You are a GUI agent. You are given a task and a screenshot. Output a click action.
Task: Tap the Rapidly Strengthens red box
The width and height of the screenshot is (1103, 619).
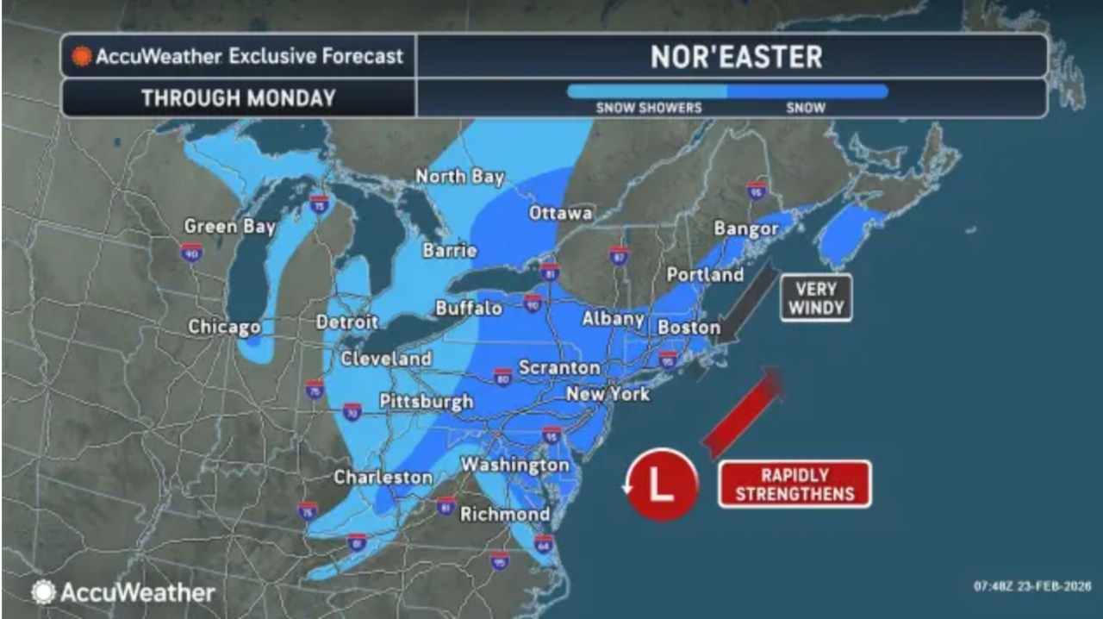pyautogui.click(x=795, y=485)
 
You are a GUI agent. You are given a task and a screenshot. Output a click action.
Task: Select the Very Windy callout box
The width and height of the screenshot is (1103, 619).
pyautogui.click(x=815, y=298)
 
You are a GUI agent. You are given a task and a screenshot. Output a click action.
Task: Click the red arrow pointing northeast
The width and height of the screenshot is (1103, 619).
pyautogui.click(x=743, y=411)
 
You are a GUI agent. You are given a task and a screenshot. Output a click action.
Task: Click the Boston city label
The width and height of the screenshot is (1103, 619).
pyautogui.click(x=689, y=328)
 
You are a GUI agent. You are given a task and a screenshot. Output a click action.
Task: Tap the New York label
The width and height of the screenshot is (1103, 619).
pyautogui.click(x=608, y=394)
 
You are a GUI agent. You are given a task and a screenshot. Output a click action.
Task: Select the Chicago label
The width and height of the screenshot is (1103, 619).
pyautogui.click(x=224, y=328)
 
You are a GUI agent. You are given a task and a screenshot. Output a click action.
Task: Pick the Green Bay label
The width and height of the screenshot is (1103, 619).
pyautogui.click(x=229, y=227)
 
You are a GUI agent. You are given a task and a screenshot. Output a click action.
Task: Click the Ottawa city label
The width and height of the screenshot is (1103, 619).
pyautogui.click(x=560, y=213)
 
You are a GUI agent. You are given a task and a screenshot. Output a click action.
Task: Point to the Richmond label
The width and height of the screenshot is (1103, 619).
pyautogui.click(x=505, y=515)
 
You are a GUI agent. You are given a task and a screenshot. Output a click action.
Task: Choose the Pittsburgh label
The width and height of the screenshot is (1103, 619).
pyautogui.click(x=427, y=401)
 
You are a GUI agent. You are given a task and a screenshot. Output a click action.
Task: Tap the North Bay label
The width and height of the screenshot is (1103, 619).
pyautogui.click(x=459, y=177)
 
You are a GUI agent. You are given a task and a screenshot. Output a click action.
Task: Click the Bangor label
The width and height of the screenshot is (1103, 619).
pyautogui.click(x=746, y=229)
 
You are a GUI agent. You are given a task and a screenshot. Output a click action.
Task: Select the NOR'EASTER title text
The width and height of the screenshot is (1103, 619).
pyautogui.click(x=736, y=57)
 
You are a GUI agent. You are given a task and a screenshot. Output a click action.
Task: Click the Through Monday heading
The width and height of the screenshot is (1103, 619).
pyautogui.click(x=239, y=98)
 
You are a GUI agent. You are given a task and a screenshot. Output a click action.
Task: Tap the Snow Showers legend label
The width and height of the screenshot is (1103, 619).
pyautogui.click(x=648, y=109)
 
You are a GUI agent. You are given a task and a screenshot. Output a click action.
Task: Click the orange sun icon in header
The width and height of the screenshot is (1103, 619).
pyautogui.click(x=82, y=57)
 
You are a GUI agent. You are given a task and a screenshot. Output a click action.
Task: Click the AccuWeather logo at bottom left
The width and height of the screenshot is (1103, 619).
pyautogui.click(x=123, y=592)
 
